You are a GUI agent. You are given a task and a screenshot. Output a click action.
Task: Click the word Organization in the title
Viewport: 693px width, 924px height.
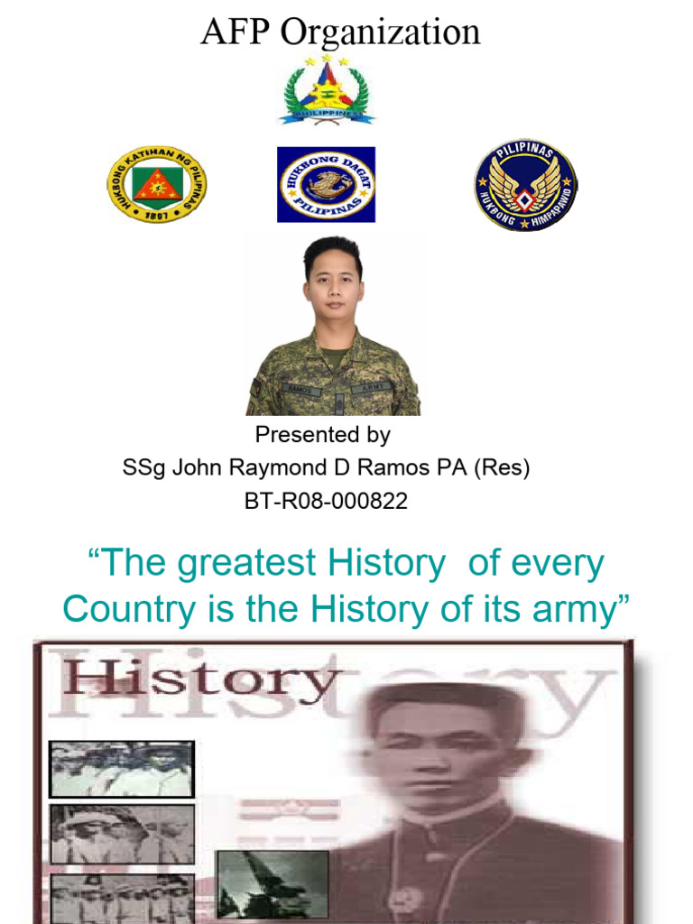(x=380, y=32)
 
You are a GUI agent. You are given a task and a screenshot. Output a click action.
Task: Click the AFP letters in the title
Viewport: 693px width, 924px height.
(x=236, y=32)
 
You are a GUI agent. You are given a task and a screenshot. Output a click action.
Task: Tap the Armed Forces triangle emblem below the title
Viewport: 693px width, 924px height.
(x=327, y=90)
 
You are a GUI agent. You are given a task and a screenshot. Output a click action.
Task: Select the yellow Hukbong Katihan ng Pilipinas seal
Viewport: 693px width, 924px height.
(x=156, y=185)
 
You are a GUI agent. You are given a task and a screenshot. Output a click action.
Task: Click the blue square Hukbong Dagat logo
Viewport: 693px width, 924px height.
(x=326, y=184)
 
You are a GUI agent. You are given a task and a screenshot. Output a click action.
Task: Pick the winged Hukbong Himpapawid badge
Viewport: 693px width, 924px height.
(x=526, y=185)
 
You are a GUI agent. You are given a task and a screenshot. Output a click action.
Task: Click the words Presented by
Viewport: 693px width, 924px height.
(x=322, y=435)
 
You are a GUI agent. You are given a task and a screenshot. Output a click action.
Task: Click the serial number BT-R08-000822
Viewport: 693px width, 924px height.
(x=326, y=501)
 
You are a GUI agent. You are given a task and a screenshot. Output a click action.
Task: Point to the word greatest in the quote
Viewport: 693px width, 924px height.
(x=245, y=564)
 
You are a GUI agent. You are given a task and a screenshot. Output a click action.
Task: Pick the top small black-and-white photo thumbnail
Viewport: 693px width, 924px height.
(x=121, y=769)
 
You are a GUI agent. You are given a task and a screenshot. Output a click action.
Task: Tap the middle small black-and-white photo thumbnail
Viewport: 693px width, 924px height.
(x=121, y=834)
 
